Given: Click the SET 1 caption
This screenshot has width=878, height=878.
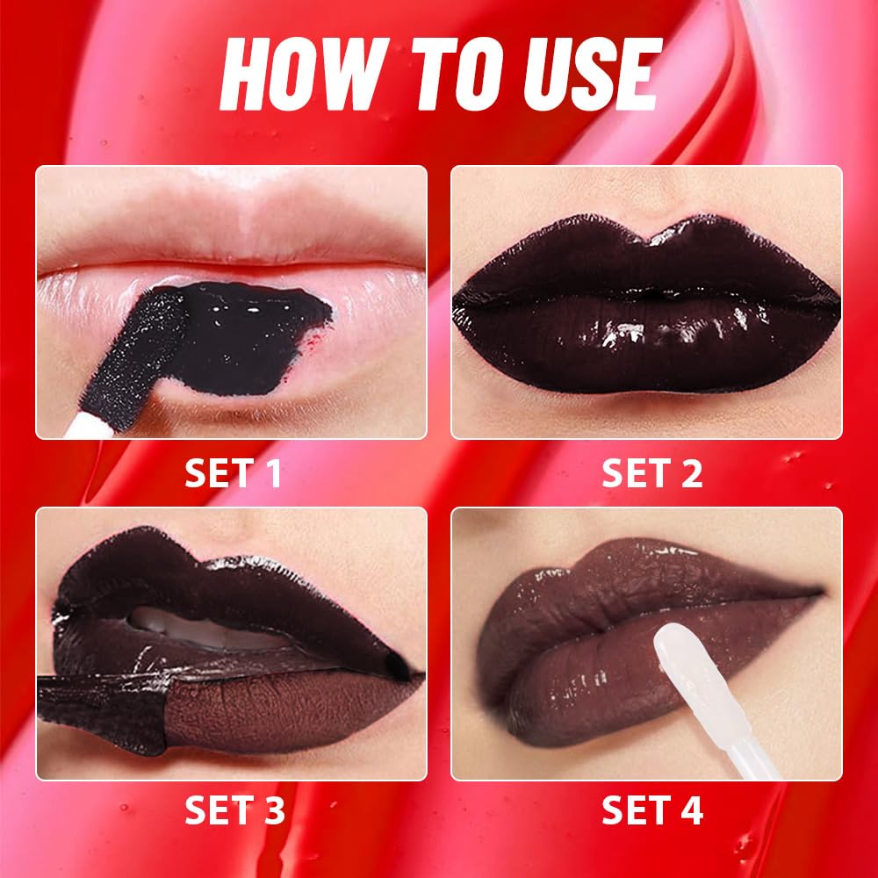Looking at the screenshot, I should pyautogui.click(x=233, y=474).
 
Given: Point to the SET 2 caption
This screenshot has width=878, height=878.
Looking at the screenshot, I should pyautogui.click(x=651, y=474).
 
